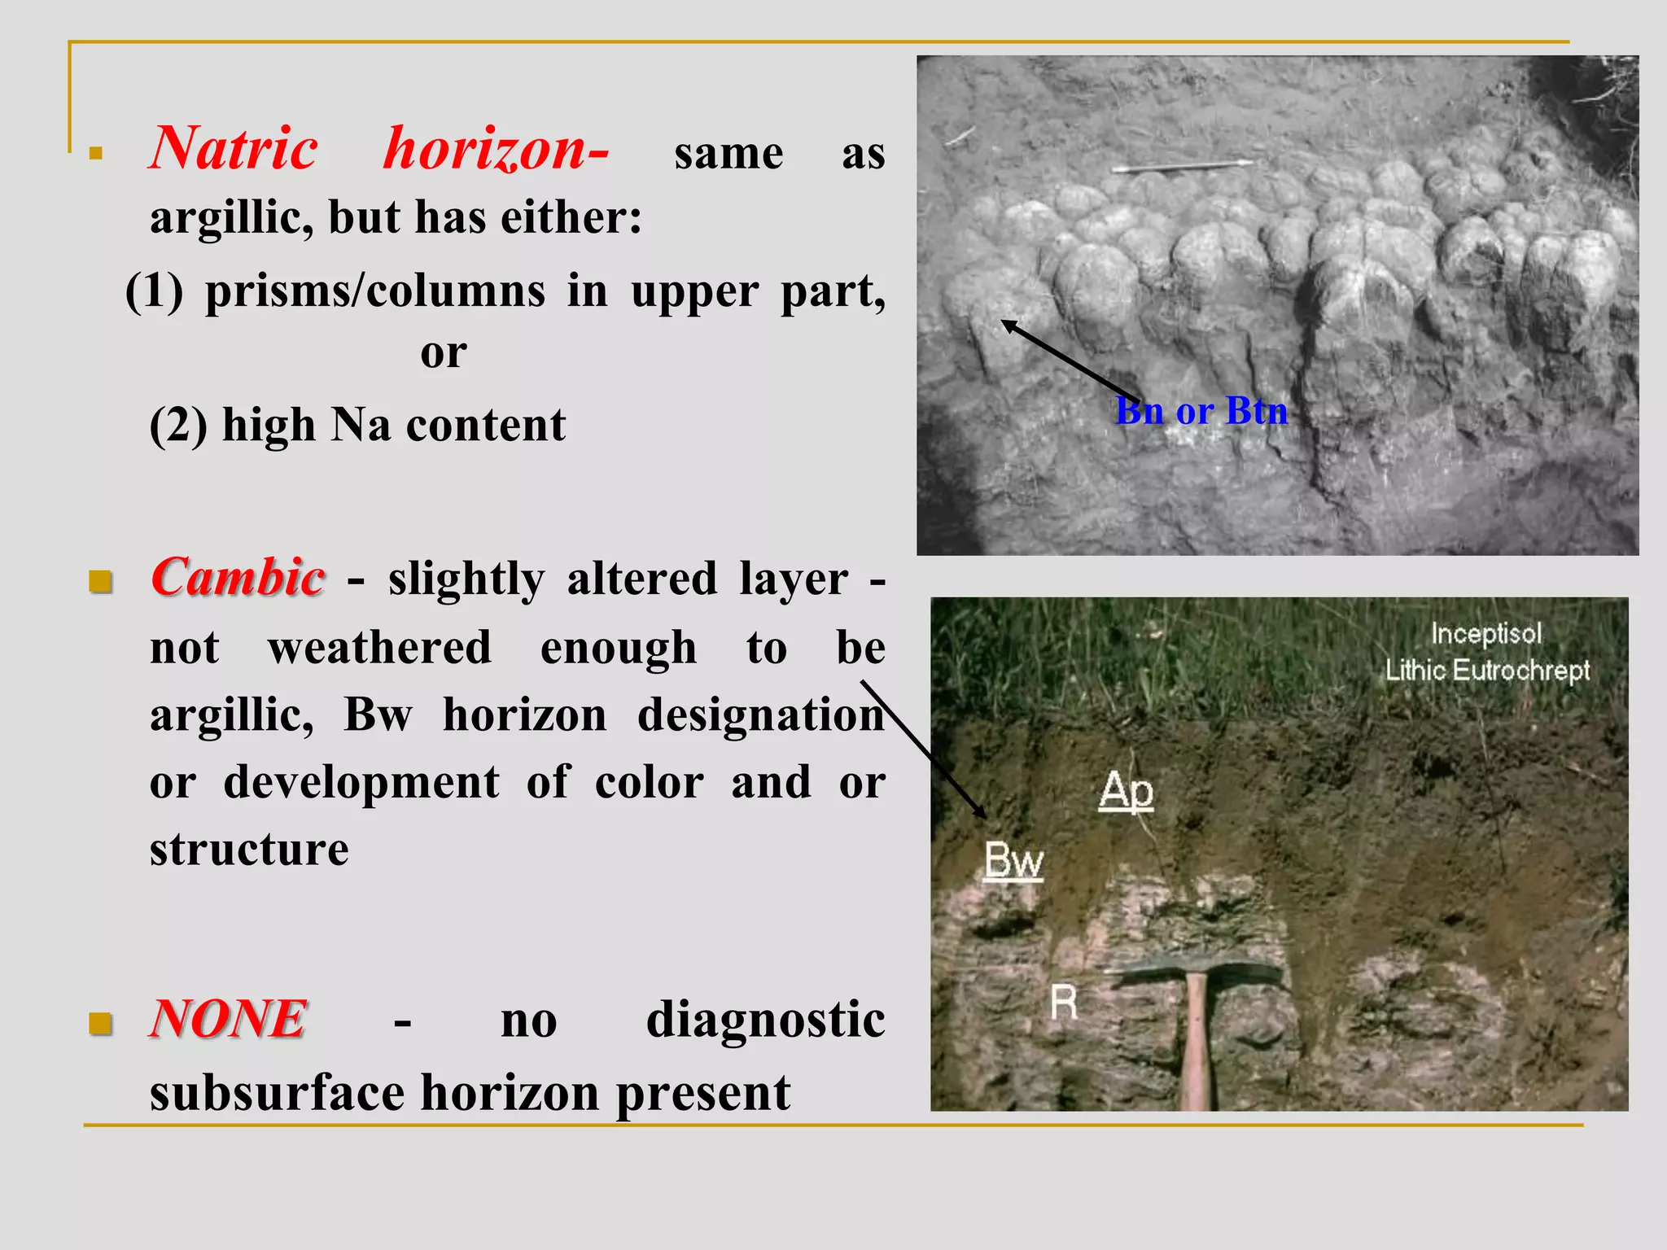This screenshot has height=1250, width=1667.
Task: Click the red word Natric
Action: coord(234,149)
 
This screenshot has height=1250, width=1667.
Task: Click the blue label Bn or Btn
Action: coord(1201,410)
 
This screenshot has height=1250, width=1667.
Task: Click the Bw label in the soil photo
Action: coord(1013,860)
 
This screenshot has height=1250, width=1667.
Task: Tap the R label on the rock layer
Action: coord(1064,1002)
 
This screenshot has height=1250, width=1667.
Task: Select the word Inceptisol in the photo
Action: coord(1486,633)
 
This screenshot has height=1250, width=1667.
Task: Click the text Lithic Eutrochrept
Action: coord(1487,671)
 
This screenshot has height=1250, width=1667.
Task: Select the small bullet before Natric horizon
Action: coord(96,153)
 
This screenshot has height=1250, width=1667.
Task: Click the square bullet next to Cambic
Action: coord(100,582)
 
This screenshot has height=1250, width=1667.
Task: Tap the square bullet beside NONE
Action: coord(100,1023)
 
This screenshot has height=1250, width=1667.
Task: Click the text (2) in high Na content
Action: coord(178,425)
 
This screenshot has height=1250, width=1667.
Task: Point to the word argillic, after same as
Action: coord(231,217)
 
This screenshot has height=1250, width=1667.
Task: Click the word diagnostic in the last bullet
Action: coord(765,1019)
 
